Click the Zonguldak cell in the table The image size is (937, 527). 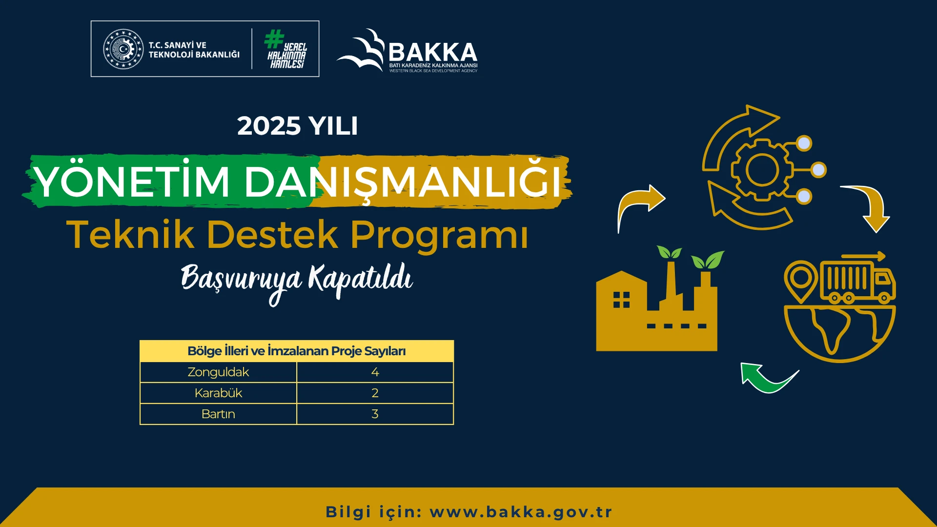(x=218, y=372)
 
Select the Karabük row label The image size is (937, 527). (x=218, y=393)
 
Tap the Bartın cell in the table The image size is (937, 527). (x=218, y=414)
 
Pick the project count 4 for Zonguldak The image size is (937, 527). (x=375, y=372)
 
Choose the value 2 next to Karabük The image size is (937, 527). (x=375, y=393)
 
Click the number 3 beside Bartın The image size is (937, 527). (x=375, y=414)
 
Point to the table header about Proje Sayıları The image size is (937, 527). (x=296, y=351)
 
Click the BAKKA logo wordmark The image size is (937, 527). (x=432, y=52)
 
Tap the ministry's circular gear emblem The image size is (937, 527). (x=123, y=49)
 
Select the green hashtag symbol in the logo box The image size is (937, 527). (x=274, y=39)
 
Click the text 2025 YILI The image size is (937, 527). (x=297, y=126)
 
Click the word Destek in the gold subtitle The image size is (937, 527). (x=272, y=235)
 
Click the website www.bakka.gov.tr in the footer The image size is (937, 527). (x=521, y=512)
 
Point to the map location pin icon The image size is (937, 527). (x=800, y=281)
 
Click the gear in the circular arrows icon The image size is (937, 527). (x=761, y=170)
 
